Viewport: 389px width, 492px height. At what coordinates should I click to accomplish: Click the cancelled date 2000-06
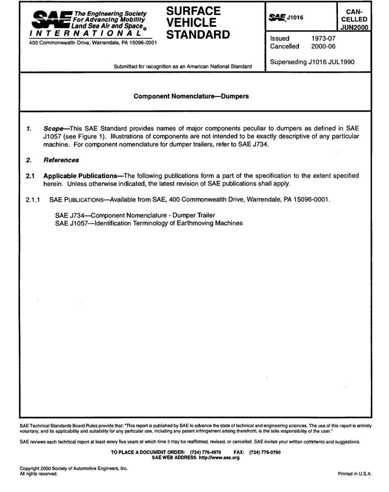pyautogui.click(x=323, y=46)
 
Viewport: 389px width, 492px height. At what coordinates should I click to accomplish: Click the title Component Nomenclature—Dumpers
pyautogui.click(x=191, y=97)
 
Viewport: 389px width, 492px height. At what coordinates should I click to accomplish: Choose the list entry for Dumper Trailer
pyautogui.click(x=135, y=215)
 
